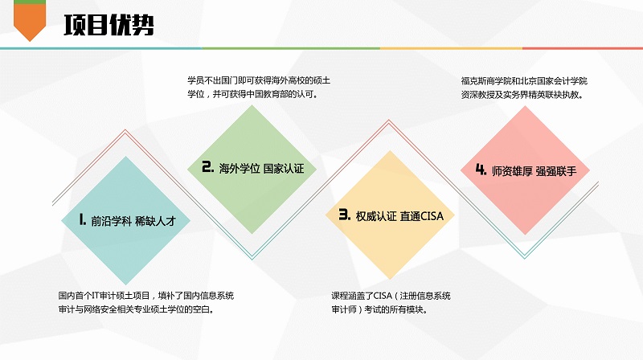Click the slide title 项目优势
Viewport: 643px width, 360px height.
(109, 26)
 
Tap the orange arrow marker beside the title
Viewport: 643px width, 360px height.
(30, 21)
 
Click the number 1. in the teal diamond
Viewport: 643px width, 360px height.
(83, 219)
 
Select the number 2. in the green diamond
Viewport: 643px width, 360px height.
(208, 166)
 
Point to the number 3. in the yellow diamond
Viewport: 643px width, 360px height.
(345, 215)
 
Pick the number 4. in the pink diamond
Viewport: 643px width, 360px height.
(481, 169)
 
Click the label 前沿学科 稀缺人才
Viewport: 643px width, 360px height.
(133, 222)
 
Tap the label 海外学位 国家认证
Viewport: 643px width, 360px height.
(261, 169)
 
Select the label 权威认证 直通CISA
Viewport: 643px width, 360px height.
(399, 216)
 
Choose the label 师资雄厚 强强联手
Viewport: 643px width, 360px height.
(534, 171)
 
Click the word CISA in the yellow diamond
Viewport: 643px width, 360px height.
(432, 216)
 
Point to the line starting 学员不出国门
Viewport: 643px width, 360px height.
(259, 80)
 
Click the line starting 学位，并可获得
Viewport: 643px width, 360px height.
(253, 94)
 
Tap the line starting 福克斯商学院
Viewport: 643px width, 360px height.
(524, 81)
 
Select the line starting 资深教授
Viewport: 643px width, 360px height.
(522, 95)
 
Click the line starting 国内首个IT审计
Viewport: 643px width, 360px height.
(146, 296)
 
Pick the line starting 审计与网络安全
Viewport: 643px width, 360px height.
(136, 309)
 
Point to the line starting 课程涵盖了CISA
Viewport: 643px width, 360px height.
(391, 296)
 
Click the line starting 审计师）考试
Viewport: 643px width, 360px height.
(379, 309)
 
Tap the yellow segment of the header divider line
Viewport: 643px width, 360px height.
(451, 48)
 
